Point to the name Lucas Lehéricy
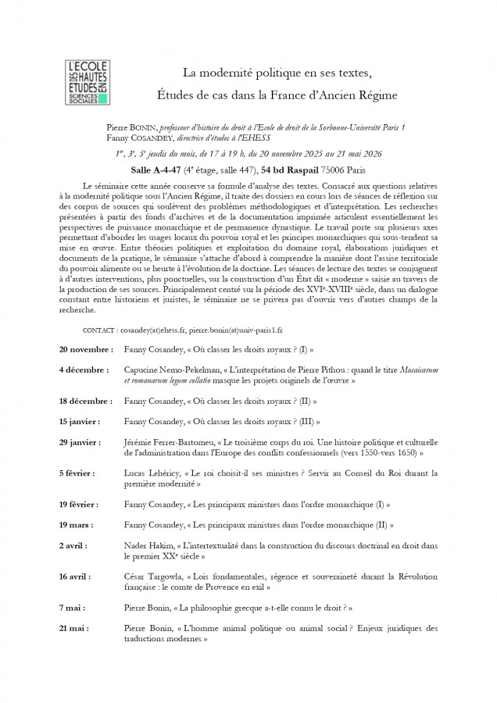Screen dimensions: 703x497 pyautogui.click(x=150, y=473)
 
